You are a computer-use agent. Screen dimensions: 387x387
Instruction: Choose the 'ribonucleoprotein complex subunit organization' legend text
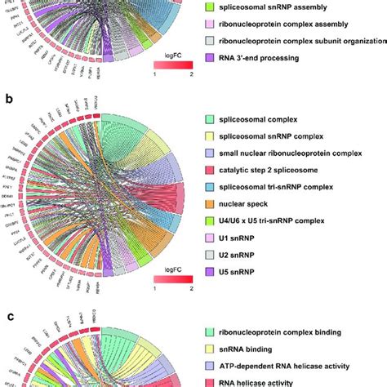coord(295,40)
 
